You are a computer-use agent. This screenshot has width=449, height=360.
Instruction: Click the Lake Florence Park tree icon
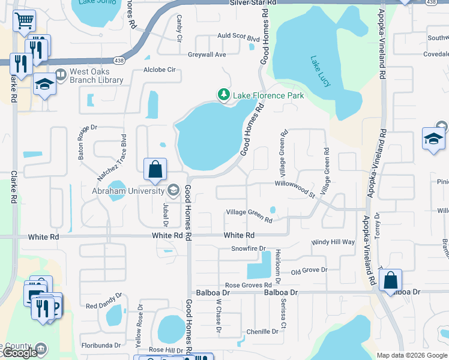pyautogui.click(x=223, y=95)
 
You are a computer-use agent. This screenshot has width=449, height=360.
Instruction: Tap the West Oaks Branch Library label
pyautogui.click(x=96, y=76)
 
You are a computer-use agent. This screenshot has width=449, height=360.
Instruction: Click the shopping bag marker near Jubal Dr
pyautogui.click(x=155, y=170)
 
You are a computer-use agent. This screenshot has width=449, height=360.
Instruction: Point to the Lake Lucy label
pyautogui.click(x=320, y=71)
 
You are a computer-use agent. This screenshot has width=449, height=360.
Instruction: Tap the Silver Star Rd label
pyautogui.click(x=253, y=3)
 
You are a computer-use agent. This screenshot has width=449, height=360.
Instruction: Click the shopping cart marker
pyautogui.click(x=25, y=22)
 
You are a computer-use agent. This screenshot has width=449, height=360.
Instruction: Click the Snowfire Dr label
pyautogui.click(x=248, y=248)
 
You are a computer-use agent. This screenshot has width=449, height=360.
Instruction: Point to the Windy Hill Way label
pyautogui.click(x=333, y=242)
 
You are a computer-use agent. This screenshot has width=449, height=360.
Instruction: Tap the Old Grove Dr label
pyautogui.click(x=309, y=270)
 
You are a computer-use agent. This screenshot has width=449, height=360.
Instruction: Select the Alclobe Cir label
pyautogui.click(x=159, y=70)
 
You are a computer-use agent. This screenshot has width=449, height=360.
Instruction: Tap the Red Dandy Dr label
pyautogui.click(x=103, y=305)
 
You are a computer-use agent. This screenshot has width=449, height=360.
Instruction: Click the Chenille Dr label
pyautogui.click(x=262, y=331)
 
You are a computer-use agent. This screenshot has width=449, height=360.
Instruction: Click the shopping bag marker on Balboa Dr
pyautogui.click(x=390, y=280)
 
